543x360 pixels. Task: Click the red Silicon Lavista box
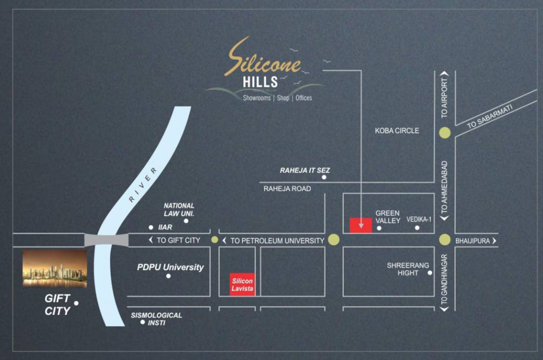[x=242, y=284]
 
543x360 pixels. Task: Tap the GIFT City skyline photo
[x=55, y=268]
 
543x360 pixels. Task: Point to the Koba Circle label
[x=397, y=131]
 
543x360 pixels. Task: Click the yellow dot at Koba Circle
[x=445, y=133]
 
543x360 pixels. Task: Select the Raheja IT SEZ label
[x=305, y=170]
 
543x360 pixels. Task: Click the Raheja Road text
[x=287, y=188]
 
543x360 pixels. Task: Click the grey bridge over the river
[x=106, y=240]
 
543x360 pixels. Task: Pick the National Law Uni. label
[x=179, y=209]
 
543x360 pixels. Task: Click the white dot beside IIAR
[x=151, y=227]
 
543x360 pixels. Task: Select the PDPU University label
[x=171, y=267]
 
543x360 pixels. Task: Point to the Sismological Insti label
[x=156, y=319]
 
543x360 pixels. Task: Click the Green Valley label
[x=388, y=217]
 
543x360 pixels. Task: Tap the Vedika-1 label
[x=418, y=219]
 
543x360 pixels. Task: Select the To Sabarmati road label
[x=490, y=116]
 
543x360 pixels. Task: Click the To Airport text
[x=445, y=97]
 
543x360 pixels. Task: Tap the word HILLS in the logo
[x=260, y=82]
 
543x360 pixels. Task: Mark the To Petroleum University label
[x=277, y=240]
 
